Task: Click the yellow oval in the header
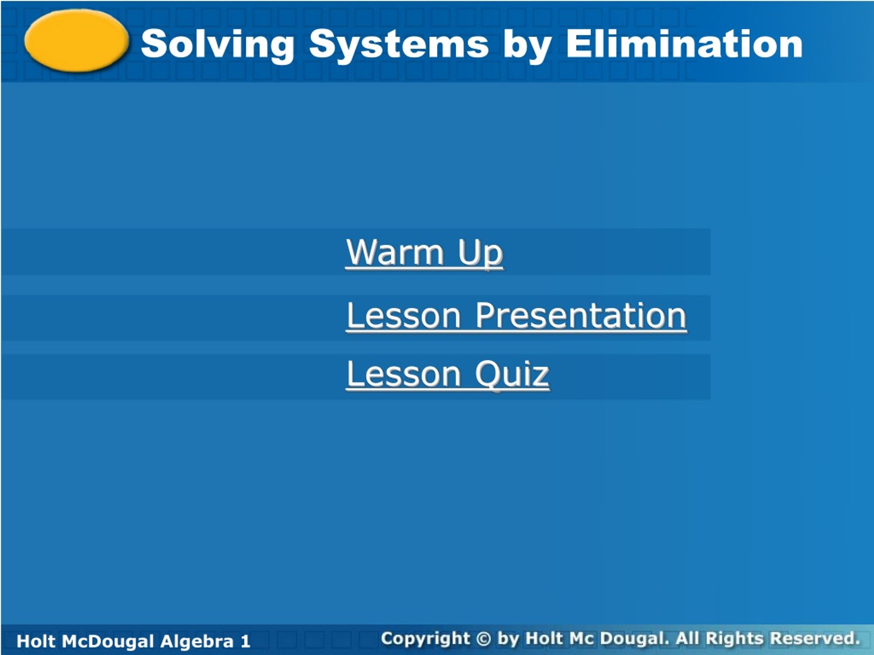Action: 77,41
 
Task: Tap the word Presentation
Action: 581,316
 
